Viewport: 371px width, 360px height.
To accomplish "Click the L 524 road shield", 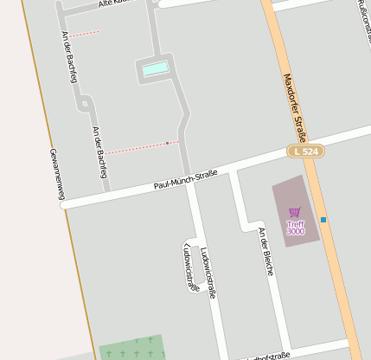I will point(305,151).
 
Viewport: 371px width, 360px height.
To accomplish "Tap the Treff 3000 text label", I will point(296,228).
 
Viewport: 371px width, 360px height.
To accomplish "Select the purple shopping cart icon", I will point(295,212).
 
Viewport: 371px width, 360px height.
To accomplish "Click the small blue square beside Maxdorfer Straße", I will point(323,220).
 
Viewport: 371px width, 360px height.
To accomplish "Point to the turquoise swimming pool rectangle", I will point(155,69).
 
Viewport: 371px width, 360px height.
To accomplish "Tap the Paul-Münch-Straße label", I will point(185,179).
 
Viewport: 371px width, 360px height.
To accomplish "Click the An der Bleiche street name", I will point(266,251).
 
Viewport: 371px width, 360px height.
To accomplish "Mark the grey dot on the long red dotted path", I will point(167,143).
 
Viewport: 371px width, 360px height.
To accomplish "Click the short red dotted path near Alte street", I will point(85,34).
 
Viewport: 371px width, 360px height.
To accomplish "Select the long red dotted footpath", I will point(138,147).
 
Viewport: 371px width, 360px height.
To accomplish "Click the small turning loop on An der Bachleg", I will point(85,103).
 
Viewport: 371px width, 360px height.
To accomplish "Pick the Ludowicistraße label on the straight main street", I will point(208,273).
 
